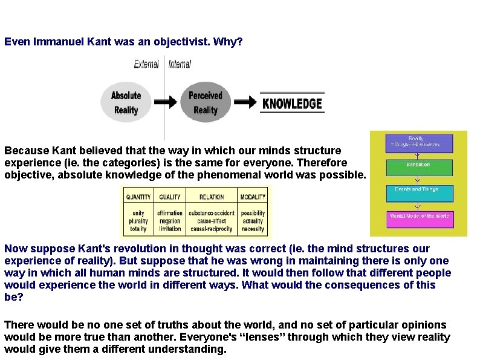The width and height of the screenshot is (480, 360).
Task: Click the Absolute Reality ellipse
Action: [126, 103]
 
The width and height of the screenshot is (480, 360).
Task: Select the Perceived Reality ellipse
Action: [205, 103]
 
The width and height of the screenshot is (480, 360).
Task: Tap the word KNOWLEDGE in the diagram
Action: [292, 103]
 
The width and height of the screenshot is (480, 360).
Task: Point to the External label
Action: [147, 64]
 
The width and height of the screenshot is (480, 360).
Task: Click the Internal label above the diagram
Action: [180, 64]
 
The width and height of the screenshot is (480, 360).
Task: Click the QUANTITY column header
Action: [138, 197]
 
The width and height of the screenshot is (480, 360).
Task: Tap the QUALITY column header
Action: [170, 197]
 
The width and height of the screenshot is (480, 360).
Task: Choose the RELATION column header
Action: [211, 197]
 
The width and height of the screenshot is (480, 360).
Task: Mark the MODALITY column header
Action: [252, 197]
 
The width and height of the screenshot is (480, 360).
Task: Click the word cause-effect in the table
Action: [211, 221]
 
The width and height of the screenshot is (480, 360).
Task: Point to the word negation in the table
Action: [170, 221]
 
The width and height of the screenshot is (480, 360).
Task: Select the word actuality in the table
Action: [252, 221]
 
